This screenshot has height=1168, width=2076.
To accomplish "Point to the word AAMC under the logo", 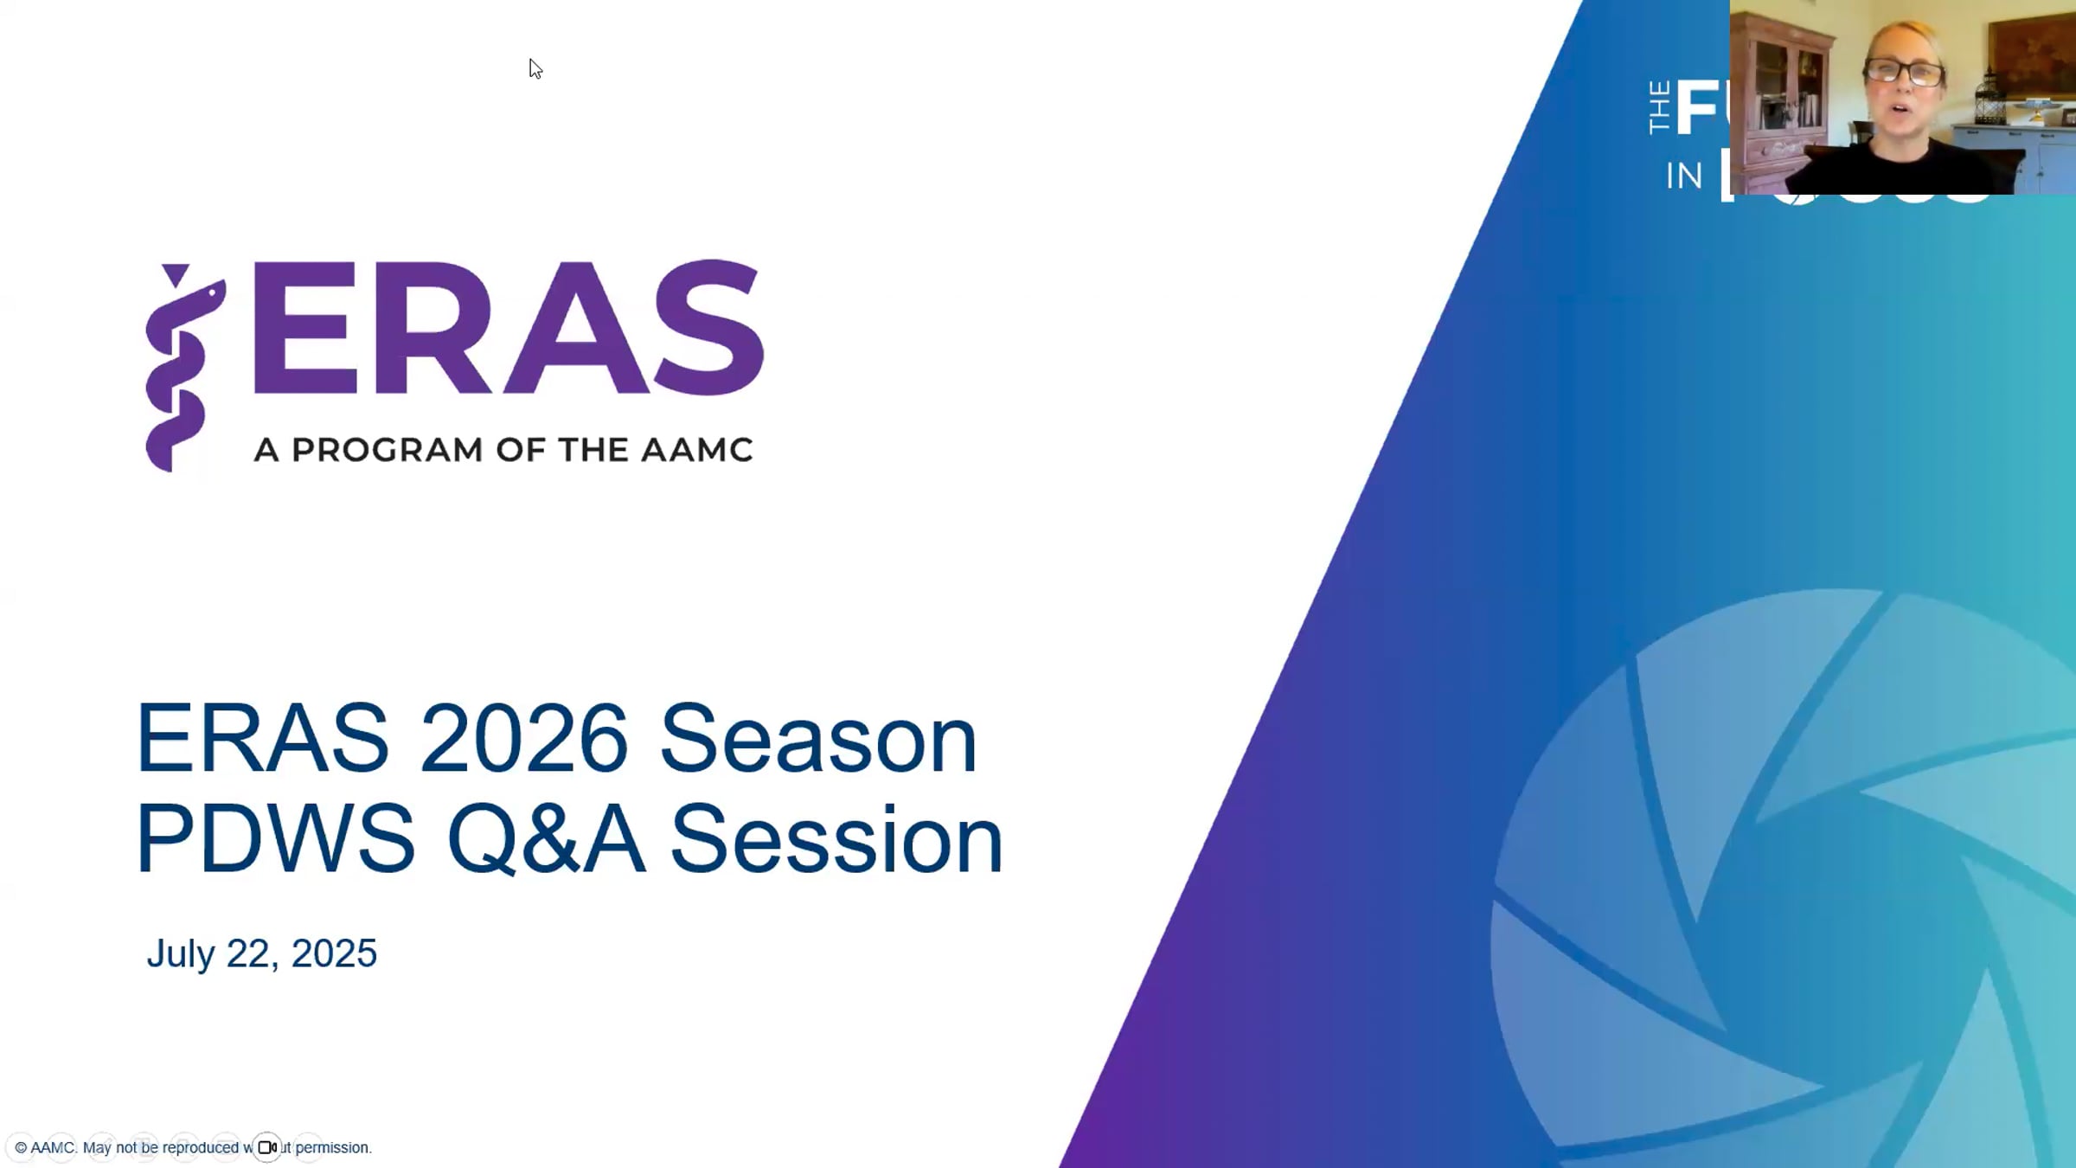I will click(696, 450).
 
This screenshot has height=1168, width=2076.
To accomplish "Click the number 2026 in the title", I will click(523, 739).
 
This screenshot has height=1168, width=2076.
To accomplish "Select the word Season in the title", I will click(817, 741).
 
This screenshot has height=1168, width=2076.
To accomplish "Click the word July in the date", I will click(180, 954).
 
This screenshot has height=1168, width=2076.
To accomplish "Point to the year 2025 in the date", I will click(334, 953).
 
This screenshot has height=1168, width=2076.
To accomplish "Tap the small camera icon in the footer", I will click(267, 1147).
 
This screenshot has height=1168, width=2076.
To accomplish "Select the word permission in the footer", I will click(332, 1148).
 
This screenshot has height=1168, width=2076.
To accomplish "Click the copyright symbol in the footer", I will click(21, 1148).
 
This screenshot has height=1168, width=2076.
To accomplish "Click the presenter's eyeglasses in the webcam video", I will click(1902, 71).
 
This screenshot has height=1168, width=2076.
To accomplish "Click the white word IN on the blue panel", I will click(1683, 176).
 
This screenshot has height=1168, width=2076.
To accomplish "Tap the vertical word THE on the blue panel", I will click(1659, 107).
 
